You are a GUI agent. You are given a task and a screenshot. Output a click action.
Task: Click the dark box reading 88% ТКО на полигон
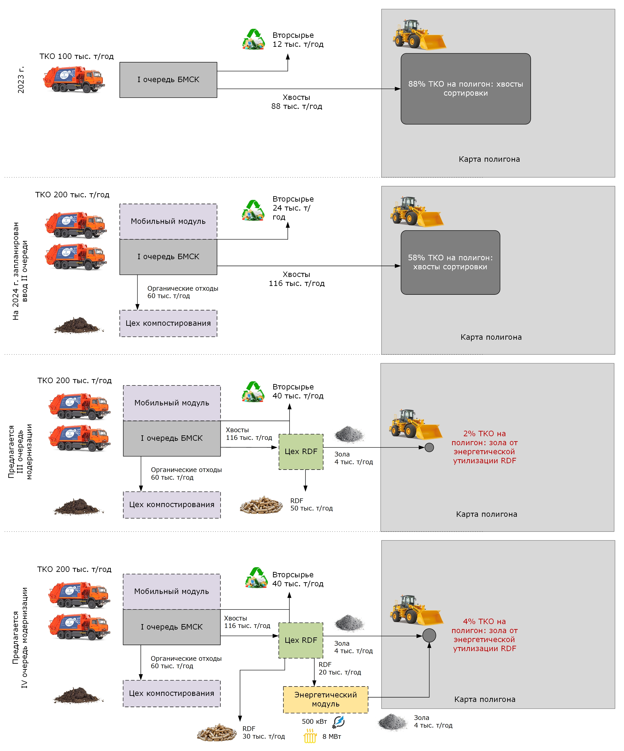pos(465,89)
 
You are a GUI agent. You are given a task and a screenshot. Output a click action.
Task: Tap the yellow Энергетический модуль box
pos(325,699)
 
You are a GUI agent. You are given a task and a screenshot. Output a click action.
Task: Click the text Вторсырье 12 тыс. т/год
pos(298,40)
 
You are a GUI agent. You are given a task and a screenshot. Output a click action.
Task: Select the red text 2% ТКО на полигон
pos(484,447)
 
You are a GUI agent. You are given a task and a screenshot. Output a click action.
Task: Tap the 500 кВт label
pos(314,721)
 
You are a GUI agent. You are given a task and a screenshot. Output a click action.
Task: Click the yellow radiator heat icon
pos(310,736)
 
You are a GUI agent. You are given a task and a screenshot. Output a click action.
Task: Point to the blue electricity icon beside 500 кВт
pos(338,722)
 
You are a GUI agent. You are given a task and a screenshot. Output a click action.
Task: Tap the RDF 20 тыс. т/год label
pos(339,668)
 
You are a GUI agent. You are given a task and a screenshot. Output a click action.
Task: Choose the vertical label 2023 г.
pos(21,80)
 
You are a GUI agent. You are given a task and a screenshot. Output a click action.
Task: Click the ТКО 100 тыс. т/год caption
pos(76,56)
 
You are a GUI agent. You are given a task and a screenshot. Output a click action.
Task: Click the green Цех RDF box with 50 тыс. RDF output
pos(301,451)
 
